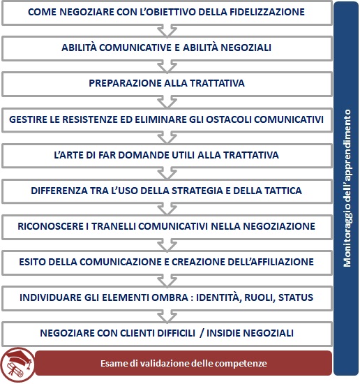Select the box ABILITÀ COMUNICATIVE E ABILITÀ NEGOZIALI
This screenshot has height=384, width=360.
coord(166,47)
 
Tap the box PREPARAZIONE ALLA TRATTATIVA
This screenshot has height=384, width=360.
coord(166,83)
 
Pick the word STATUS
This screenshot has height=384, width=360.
coord(295,297)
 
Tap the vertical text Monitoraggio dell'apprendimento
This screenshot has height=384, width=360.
coord(347,189)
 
